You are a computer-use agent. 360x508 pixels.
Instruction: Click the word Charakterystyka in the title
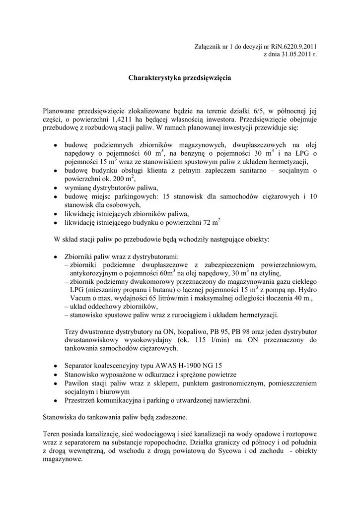pyautogui.click(x=155, y=78)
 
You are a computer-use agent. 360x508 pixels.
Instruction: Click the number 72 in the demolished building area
pyautogui.click(x=211, y=223)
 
